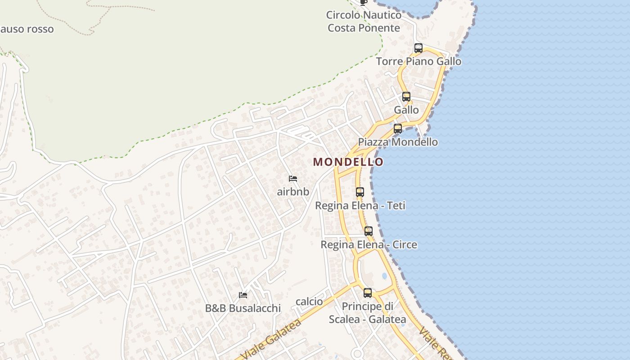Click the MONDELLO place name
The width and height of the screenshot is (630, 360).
pyautogui.click(x=348, y=162)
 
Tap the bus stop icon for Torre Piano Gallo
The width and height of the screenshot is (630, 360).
pyautogui.click(x=418, y=48)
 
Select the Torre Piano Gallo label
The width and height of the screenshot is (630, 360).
pyautogui.click(x=418, y=61)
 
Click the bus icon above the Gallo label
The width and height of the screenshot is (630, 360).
pyautogui.click(x=406, y=96)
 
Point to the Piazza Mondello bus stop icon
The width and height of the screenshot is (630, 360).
pyautogui.click(x=398, y=129)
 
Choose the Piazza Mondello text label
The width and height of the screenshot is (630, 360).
pyautogui.click(x=398, y=142)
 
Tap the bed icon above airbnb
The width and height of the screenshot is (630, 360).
pyautogui.click(x=293, y=179)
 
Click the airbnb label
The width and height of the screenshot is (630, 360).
pyautogui.click(x=293, y=192)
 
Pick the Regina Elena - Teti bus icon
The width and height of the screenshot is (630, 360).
pyautogui.click(x=360, y=192)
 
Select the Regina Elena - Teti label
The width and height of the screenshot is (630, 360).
pyautogui.click(x=360, y=206)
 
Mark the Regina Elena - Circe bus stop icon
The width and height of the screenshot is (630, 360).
pyautogui.click(x=369, y=231)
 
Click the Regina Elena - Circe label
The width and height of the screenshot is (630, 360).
pyautogui.click(x=369, y=245)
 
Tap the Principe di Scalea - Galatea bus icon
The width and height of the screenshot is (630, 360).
pyautogui.click(x=368, y=293)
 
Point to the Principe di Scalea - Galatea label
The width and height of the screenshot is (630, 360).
pyautogui.click(x=368, y=313)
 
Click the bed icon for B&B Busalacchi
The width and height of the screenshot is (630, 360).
pyautogui.click(x=243, y=295)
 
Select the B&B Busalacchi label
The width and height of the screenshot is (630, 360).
pyautogui.click(x=243, y=308)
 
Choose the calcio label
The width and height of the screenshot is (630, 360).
pyautogui.click(x=309, y=301)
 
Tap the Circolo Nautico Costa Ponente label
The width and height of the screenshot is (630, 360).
pyautogui.click(x=364, y=22)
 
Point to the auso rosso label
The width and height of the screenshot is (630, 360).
pyautogui.click(x=27, y=29)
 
